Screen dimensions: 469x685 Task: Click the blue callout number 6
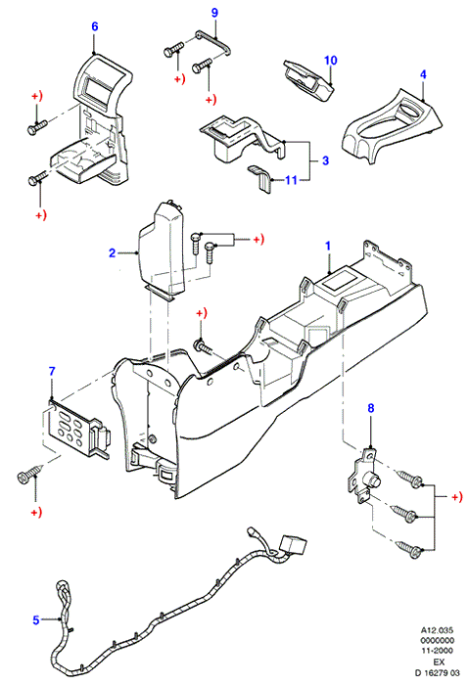tap(94, 26)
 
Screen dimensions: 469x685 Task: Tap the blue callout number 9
tap(214, 13)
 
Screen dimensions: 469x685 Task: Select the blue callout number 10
tap(330, 61)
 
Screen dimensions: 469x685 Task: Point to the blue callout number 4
tap(423, 74)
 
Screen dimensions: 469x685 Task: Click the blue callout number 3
tap(325, 160)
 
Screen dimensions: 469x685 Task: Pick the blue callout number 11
tap(291, 180)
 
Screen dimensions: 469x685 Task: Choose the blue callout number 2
tap(112, 252)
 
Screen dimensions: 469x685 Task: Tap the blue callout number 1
tap(328, 246)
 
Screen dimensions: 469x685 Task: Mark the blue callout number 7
tap(52, 371)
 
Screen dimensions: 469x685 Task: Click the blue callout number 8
tap(371, 408)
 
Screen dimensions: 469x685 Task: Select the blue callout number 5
tap(36, 619)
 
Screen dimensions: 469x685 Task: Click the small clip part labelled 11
tap(260, 178)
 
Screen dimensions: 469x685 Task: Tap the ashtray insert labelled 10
tap(308, 81)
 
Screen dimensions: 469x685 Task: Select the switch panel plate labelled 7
tap(77, 429)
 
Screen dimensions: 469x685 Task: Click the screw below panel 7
tap(29, 474)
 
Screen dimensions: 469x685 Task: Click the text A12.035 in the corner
tap(437, 630)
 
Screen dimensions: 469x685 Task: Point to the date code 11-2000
tap(437, 651)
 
